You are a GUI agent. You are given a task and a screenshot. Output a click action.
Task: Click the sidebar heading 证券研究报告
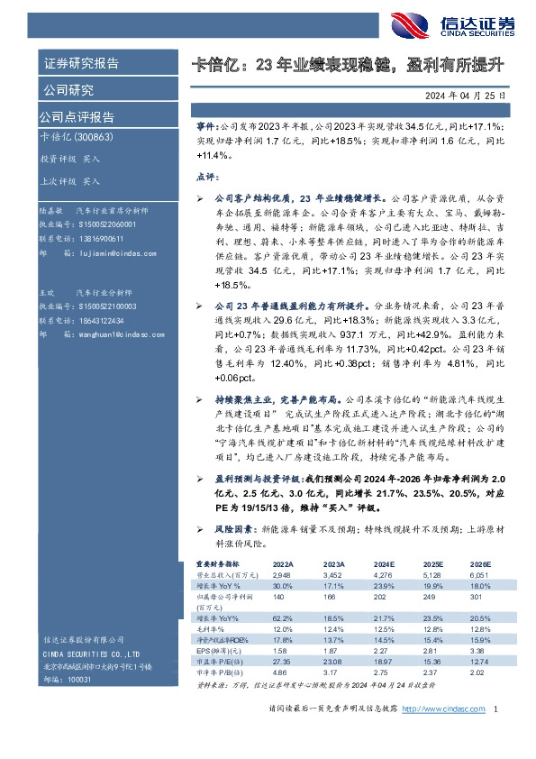click(x=81, y=64)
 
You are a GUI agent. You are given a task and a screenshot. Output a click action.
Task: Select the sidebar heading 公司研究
click(x=68, y=90)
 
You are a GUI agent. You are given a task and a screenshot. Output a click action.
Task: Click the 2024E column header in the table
click(x=382, y=562)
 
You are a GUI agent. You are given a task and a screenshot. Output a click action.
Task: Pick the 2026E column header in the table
click(x=479, y=562)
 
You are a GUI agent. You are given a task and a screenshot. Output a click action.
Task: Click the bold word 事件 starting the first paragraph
click(x=206, y=128)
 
